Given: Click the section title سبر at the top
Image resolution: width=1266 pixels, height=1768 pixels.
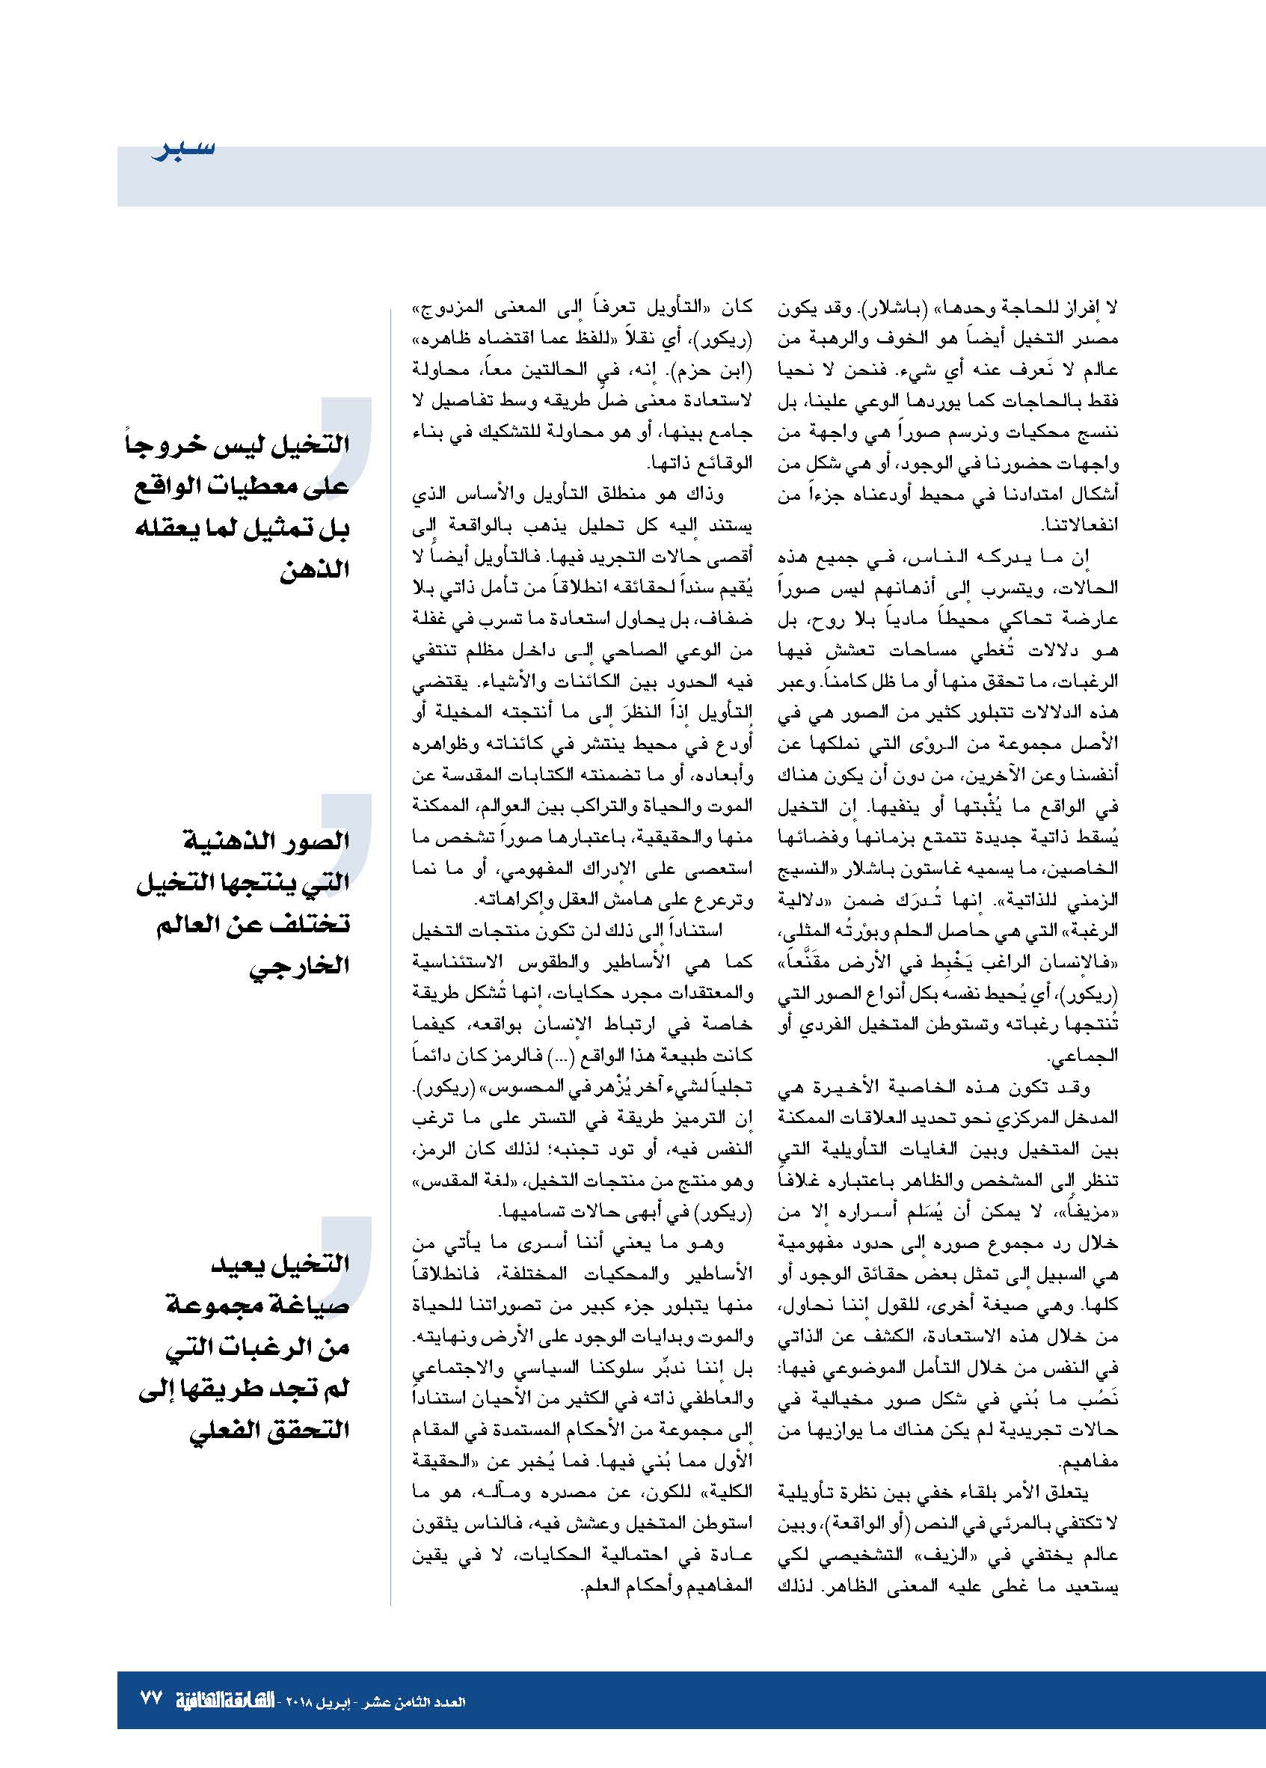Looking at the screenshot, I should click(182, 148).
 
